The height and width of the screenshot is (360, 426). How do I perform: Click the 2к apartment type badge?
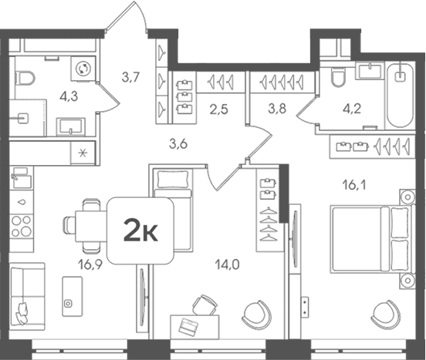coord(140,230)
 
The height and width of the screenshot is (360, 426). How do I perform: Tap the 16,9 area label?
coord(90,264)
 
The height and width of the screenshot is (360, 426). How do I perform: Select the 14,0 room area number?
coord(227,264)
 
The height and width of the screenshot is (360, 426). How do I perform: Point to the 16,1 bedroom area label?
coord(354,185)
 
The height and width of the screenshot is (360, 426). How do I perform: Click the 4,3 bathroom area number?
coord(69,96)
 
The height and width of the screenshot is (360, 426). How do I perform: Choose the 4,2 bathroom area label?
coord(352,109)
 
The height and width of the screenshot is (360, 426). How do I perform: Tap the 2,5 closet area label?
coord(219,109)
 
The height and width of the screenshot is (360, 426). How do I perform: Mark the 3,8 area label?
coord(277,109)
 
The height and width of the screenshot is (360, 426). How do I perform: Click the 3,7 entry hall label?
coord(130,78)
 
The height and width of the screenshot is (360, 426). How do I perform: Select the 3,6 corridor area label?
coord(178,144)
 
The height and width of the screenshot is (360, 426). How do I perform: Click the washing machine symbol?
coord(83,69)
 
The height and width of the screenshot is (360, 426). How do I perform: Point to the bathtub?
coord(401,95)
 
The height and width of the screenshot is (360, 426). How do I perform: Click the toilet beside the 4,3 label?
coord(25,78)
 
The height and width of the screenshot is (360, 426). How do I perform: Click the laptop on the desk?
coord(188,325)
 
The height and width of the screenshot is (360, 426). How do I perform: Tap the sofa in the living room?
coord(27,297)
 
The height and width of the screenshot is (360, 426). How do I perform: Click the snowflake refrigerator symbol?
coord(83,153)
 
